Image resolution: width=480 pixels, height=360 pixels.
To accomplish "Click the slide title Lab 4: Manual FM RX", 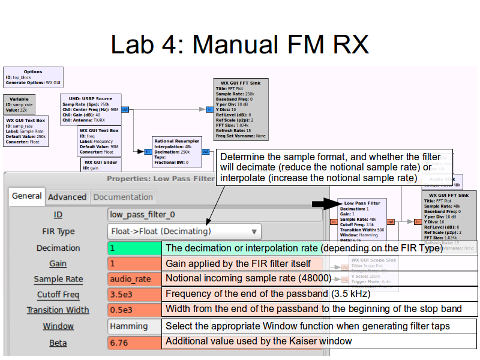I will [239, 44].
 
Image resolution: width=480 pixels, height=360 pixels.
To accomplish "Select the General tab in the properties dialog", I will [27, 196].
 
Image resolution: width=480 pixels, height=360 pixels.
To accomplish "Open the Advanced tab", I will [67, 197].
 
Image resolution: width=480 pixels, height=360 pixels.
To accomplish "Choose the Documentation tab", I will [123, 197].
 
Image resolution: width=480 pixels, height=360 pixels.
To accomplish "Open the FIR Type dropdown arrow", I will [254, 232].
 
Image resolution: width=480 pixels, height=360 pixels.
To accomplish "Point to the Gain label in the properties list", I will [58, 263].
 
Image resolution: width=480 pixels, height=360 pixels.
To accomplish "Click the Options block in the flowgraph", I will [33, 77].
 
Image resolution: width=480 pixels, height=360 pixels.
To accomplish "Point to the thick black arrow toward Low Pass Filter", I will [324, 205].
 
